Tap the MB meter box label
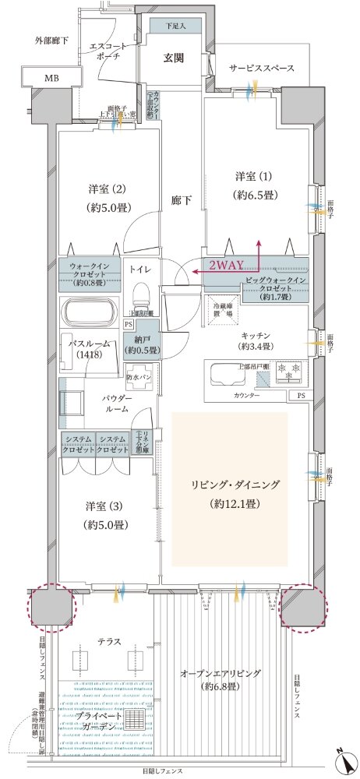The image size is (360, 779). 51,78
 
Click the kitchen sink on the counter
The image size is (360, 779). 227,375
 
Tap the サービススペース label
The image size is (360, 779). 261,69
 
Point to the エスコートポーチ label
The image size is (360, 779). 102,51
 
